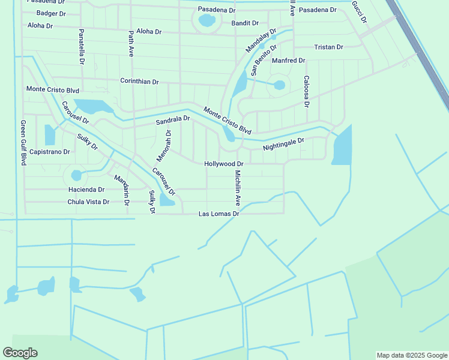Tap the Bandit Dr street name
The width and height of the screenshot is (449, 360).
[x=245, y=23]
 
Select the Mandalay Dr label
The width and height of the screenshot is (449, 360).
[x=261, y=40]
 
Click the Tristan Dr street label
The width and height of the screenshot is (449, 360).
[x=328, y=47]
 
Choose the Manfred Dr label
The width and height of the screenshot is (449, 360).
[x=289, y=61]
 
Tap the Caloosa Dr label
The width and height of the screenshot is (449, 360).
[x=306, y=91]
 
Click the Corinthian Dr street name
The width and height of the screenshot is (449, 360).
[x=139, y=81]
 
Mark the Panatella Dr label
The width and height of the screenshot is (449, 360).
[x=82, y=47]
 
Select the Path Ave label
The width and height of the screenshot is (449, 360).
[x=131, y=44]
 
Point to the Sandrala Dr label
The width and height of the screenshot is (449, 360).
[x=173, y=120]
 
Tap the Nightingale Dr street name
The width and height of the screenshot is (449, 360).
[x=284, y=144]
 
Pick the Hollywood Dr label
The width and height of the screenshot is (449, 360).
[x=224, y=163]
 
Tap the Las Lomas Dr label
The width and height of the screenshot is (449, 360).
[x=220, y=214]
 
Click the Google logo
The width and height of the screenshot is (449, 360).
[x=20, y=353]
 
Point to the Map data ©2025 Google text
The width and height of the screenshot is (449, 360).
[x=411, y=355]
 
